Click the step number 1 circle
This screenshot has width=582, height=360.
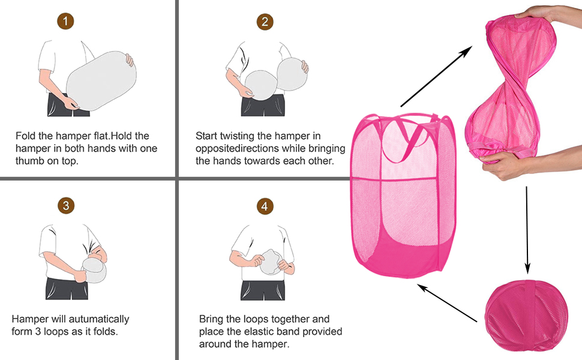(x=65, y=21)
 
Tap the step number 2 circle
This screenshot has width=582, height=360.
(x=265, y=22)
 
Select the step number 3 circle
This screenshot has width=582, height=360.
(x=66, y=206)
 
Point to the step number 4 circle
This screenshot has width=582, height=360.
(x=265, y=206)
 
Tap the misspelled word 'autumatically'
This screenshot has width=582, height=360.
(x=99, y=319)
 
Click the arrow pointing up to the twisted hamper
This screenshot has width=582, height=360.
(x=436, y=76)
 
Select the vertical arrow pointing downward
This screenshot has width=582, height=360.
(x=527, y=230)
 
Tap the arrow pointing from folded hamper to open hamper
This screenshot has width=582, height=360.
(x=447, y=302)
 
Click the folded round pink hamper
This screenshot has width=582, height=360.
(x=526, y=315)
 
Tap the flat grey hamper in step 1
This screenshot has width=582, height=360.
(x=101, y=80)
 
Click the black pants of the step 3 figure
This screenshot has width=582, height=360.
(x=67, y=289)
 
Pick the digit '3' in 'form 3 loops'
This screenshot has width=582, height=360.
(x=38, y=331)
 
